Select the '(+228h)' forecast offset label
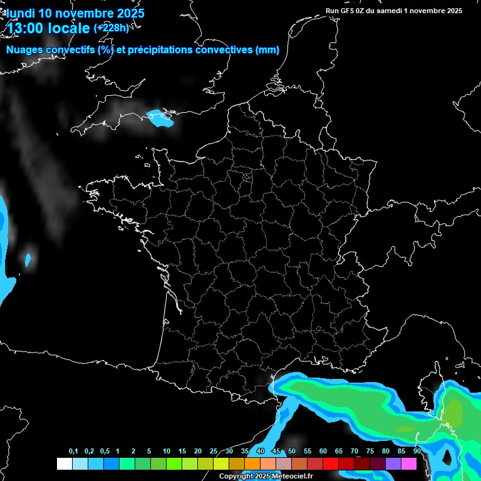[111, 28]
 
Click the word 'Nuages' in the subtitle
[26, 50]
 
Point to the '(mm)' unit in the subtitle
[267, 50]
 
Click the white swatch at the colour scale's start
[64, 464]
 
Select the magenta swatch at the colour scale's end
[409, 464]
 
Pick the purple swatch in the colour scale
[393, 464]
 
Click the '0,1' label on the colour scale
[73, 452]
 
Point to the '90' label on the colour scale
[417, 452]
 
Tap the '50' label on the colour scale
[292, 452]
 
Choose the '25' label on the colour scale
[214, 452]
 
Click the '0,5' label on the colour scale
[105, 452]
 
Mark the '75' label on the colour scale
[370, 452]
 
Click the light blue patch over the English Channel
[160, 118]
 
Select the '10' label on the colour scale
[167, 452]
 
